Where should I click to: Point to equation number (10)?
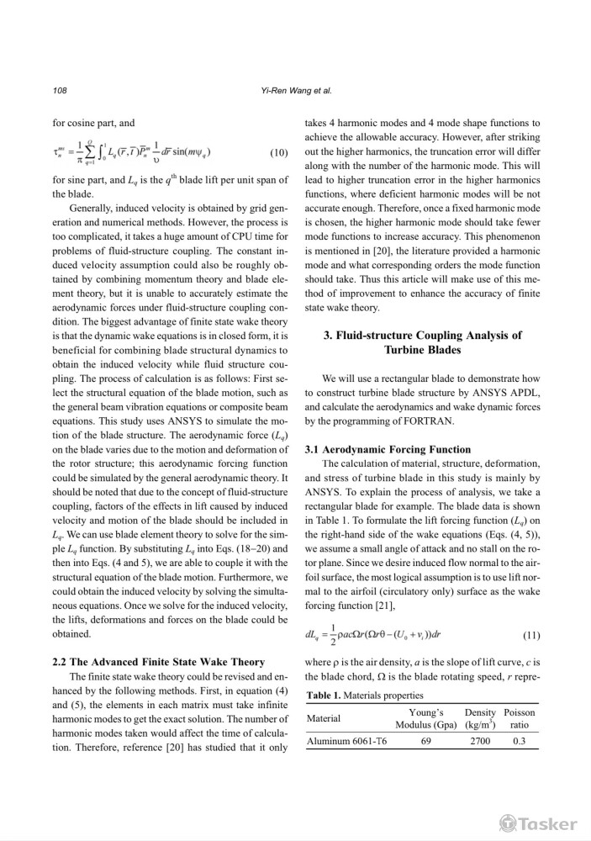(x=278, y=152)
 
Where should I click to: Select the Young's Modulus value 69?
(x=425, y=743)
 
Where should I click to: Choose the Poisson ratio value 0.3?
(x=519, y=743)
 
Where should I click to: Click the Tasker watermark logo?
(x=539, y=823)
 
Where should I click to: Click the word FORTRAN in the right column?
(x=441, y=420)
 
